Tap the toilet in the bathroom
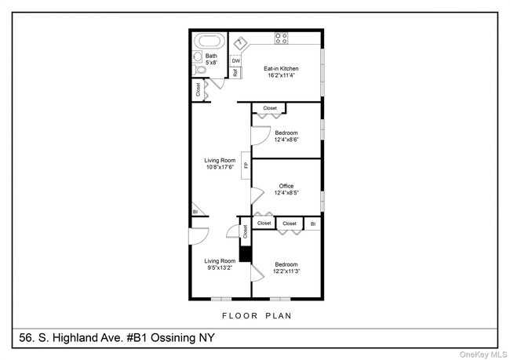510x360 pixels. click(199, 69)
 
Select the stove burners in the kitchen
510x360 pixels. click(282, 37)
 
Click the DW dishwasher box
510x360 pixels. click(235, 60)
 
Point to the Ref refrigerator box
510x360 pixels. click(235, 73)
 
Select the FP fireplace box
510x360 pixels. click(246, 165)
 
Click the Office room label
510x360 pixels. click(286, 186)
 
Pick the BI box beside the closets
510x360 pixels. click(313, 224)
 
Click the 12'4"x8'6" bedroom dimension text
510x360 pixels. click(286, 140)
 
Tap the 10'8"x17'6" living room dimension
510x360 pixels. click(220, 167)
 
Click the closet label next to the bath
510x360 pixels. click(198, 89)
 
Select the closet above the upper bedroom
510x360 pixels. click(270, 108)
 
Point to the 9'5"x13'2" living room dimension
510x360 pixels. click(220, 267)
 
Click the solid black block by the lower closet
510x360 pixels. click(245, 254)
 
